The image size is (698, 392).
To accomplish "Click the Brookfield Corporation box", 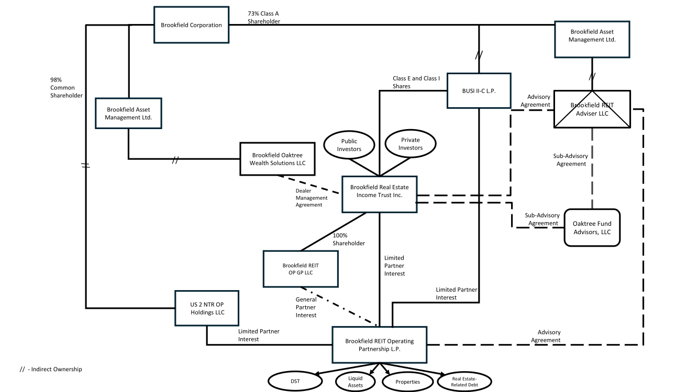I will [x=191, y=25].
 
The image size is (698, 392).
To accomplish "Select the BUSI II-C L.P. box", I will [x=479, y=90].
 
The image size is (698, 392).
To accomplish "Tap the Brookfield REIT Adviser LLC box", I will [x=592, y=109].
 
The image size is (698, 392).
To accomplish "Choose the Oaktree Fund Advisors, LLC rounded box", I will [x=592, y=228].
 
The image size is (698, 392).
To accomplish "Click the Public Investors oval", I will [x=349, y=145].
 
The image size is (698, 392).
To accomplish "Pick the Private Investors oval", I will [x=411, y=144].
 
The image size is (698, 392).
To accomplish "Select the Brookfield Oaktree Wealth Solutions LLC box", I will [x=278, y=159].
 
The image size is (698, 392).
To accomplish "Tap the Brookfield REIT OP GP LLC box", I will [x=301, y=269].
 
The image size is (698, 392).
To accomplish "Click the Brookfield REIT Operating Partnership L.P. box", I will [x=379, y=345].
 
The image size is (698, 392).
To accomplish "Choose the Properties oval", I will [x=407, y=382].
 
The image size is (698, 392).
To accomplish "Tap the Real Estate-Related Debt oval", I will [x=466, y=382].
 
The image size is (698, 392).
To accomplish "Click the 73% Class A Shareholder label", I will [x=264, y=17].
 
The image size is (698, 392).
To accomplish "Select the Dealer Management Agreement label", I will [x=312, y=198].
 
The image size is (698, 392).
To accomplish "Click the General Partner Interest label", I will [x=306, y=307].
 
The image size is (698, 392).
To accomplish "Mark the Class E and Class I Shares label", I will [x=416, y=82].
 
